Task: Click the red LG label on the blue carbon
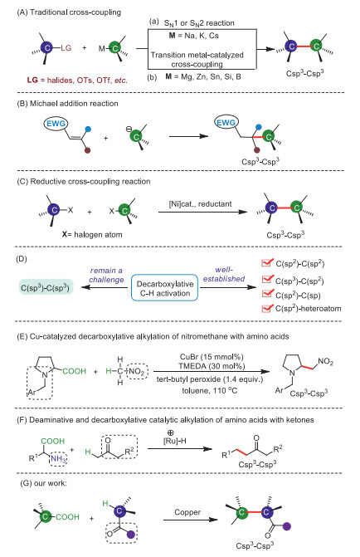66,47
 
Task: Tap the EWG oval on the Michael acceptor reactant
56,123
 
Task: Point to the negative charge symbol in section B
129,129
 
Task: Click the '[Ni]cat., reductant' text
200,204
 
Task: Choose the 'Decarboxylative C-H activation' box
165,288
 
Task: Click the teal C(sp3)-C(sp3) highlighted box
46,287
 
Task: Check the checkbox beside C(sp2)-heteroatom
266,308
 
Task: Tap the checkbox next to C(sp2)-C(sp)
266,295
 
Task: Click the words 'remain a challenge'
106,275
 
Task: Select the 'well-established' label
224,274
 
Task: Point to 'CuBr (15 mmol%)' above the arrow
212,357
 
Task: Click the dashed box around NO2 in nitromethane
137,372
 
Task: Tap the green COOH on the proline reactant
74,371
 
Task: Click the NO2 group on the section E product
325,362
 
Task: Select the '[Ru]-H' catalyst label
175,441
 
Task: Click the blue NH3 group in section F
58,458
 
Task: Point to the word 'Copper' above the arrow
187,512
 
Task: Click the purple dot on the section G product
287,526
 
